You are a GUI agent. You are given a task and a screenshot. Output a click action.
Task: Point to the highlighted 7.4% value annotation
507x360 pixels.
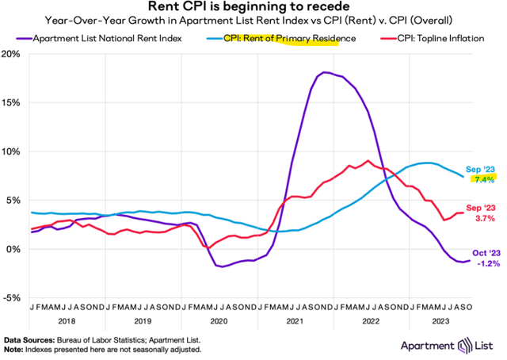pyautogui.click(x=484, y=180)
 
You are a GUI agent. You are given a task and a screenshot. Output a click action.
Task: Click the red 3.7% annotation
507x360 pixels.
pyautogui.click(x=484, y=217)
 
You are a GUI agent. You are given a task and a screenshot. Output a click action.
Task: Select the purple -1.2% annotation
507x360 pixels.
pyautogui.click(x=486, y=264)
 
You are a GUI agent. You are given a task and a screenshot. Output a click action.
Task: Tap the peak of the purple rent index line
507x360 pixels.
pyautogui.click(x=325, y=73)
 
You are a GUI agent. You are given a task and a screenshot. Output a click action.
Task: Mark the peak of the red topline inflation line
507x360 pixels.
pyautogui.click(x=368, y=161)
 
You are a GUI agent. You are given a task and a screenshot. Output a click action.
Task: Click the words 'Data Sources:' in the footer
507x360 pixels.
pyautogui.click(x=25, y=339)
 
